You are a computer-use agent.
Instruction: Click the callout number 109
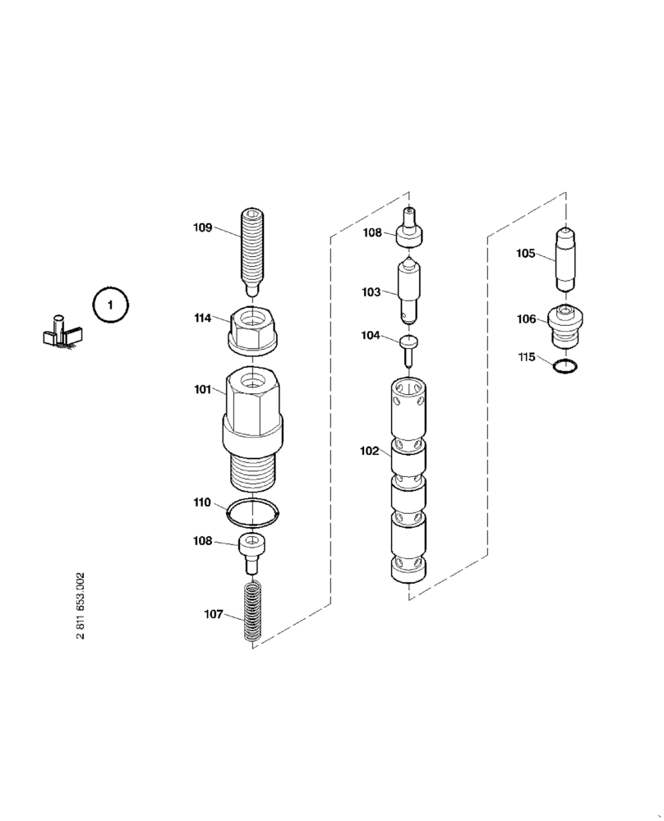coord(203,227)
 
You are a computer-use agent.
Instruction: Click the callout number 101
coord(203,390)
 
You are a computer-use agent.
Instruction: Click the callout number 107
coord(214,613)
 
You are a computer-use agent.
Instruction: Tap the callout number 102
coord(370,450)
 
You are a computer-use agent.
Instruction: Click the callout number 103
coord(371,291)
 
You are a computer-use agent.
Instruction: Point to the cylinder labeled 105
coord(565,257)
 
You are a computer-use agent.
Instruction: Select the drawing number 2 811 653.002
coord(80,608)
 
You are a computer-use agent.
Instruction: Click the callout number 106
coord(527,319)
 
